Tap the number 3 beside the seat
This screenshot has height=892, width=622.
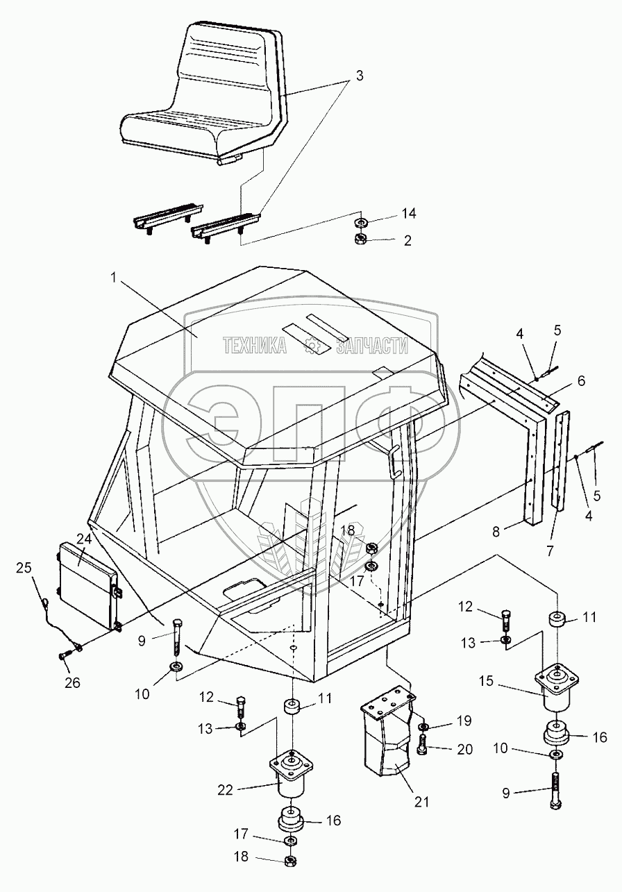[359, 76]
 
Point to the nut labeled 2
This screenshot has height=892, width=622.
[360, 239]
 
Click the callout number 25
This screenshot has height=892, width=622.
[24, 568]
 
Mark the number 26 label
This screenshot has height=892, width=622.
[72, 683]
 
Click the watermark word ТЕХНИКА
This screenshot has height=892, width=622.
[254, 345]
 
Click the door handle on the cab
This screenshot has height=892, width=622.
[394, 463]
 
